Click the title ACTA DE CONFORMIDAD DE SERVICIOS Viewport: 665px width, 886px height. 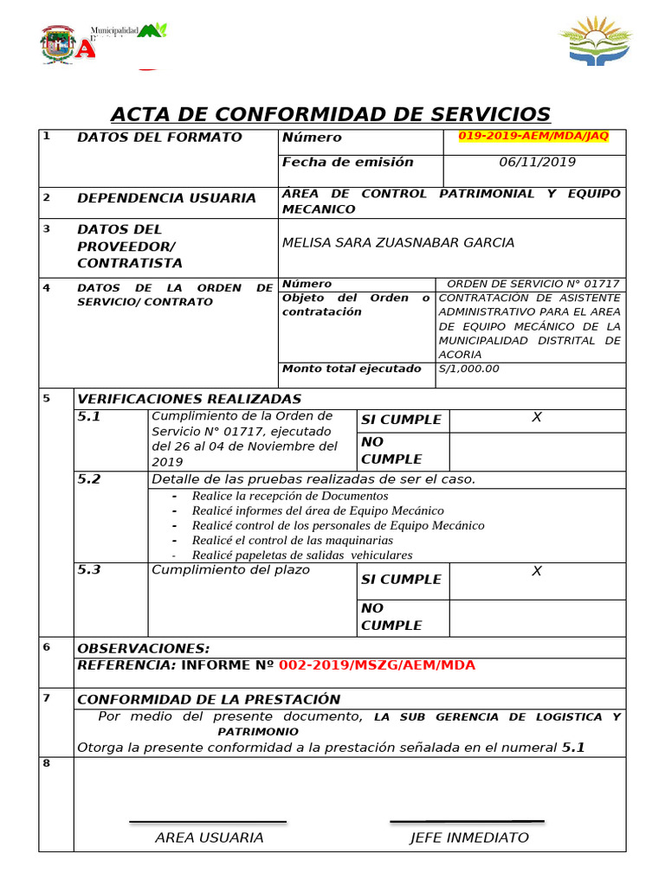click(x=330, y=114)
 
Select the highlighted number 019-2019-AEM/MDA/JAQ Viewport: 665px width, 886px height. click(x=533, y=137)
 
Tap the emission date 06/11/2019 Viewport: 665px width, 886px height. click(x=537, y=162)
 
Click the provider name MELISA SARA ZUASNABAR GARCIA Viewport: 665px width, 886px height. click(x=398, y=242)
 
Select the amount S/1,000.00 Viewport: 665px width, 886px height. click(x=469, y=369)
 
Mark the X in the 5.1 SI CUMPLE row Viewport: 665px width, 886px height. click(x=537, y=418)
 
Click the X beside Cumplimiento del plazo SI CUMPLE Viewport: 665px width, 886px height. click(x=537, y=571)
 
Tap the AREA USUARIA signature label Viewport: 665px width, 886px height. click(x=209, y=838)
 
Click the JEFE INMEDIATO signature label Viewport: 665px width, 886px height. click(x=468, y=838)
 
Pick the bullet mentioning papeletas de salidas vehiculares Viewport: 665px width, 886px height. click(x=302, y=555)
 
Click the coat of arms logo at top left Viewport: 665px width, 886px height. click(x=58, y=43)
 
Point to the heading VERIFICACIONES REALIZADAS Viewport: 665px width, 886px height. click(x=189, y=399)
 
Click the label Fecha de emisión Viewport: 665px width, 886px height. click(x=347, y=162)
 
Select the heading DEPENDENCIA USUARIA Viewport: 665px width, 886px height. click(x=166, y=198)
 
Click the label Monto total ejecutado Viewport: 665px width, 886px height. click(x=352, y=369)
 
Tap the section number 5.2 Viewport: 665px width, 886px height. click(x=89, y=478)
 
